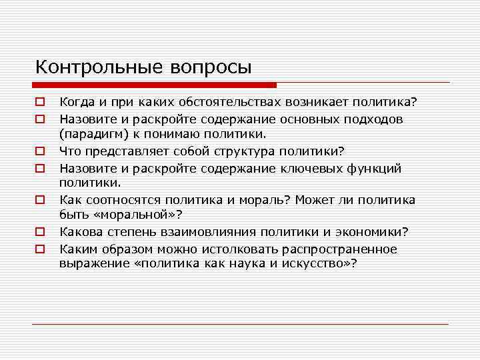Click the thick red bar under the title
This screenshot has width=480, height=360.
tap(154, 85)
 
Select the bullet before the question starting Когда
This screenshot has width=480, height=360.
tap(40, 103)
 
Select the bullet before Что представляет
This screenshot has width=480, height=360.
tap(40, 152)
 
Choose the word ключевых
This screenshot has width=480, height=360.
tap(306, 168)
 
